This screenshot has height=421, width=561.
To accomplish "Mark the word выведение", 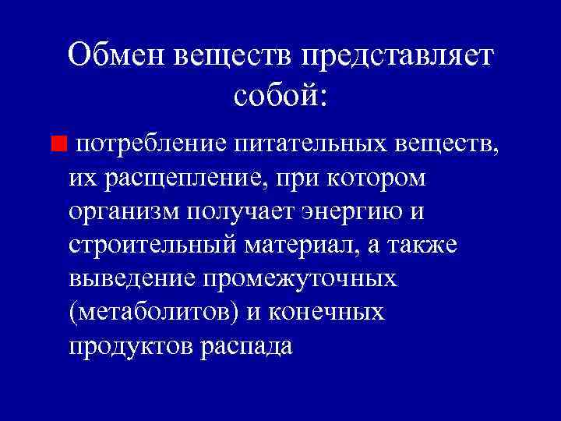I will tap(132, 278).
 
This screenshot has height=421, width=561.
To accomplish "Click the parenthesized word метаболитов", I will tap(156, 312).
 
